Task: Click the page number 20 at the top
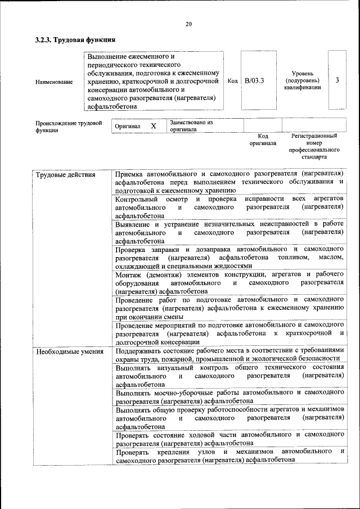point(188,24)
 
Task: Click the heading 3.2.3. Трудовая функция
point(75,40)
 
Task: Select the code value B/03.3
point(254,80)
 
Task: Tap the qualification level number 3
point(336,80)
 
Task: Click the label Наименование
point(54,82)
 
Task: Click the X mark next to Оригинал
point(153,126)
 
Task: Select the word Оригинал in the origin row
point(127,127)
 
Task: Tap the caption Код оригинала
point(263,139)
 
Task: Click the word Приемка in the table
point(130,174)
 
